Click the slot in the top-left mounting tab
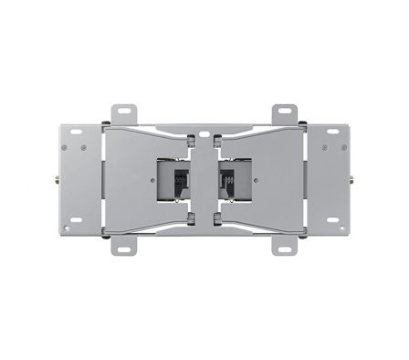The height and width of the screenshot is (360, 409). pos(121,112)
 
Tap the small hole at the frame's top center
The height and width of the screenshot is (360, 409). pos(204,125)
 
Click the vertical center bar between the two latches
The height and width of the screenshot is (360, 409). pos(204,178)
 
